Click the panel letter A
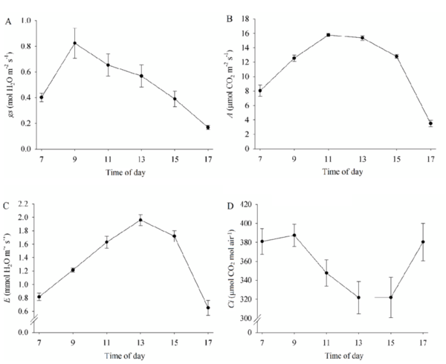[8, 22]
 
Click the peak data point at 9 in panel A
[74, 43]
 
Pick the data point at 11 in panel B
[327, 35]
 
